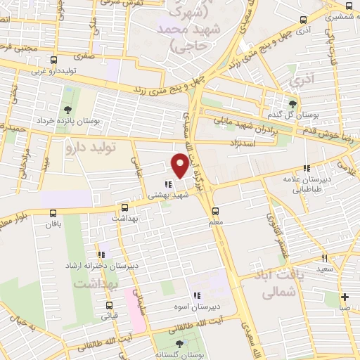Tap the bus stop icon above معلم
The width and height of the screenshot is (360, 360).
215,210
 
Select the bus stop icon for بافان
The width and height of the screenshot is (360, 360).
53,213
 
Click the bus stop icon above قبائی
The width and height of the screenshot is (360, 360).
109,305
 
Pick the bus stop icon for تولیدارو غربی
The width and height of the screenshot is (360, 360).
32,60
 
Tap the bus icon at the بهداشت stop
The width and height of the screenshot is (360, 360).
124,207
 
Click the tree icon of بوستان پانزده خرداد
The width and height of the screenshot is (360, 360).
67,110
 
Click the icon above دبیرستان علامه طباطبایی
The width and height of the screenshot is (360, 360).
306,168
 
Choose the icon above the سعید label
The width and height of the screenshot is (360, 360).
325,258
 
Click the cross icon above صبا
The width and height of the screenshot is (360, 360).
345,296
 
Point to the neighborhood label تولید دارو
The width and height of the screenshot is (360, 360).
89,148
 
